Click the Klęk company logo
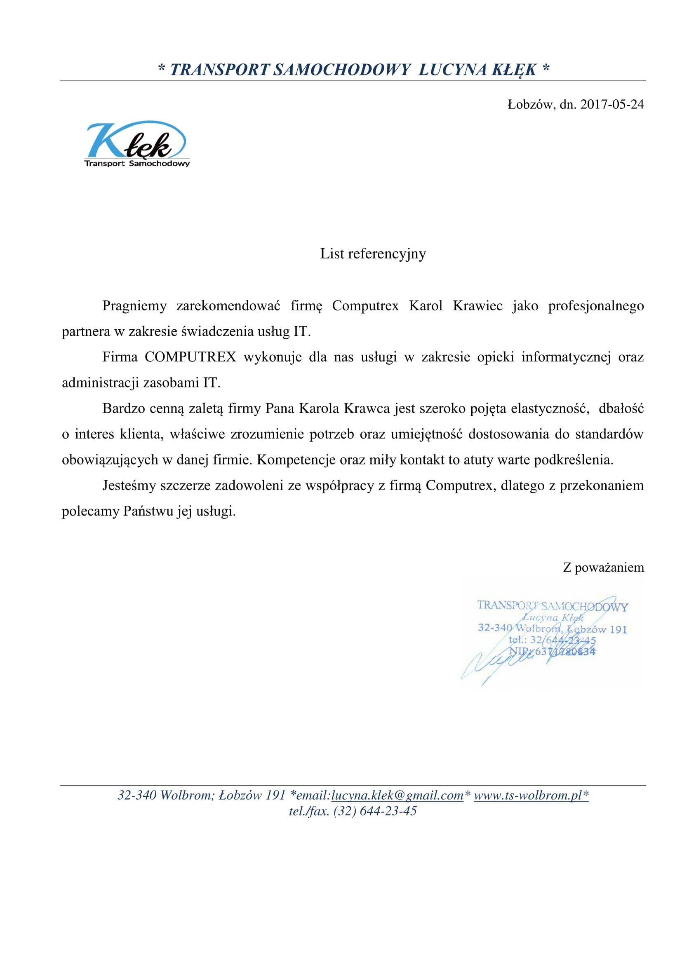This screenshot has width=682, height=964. tap(136, 143)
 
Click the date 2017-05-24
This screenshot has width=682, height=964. tap(612, 104)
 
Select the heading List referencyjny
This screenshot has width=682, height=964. tap(373, 253)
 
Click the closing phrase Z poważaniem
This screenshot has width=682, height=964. tap(603, 567)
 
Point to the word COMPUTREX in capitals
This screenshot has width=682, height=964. tap(190, 357)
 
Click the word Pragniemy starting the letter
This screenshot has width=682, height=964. tap(134, 306)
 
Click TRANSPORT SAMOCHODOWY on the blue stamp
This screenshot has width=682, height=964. tap(552, 606)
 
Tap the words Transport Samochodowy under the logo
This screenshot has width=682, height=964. tap(137, 163)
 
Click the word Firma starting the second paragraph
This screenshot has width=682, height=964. tap(120, 357)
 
